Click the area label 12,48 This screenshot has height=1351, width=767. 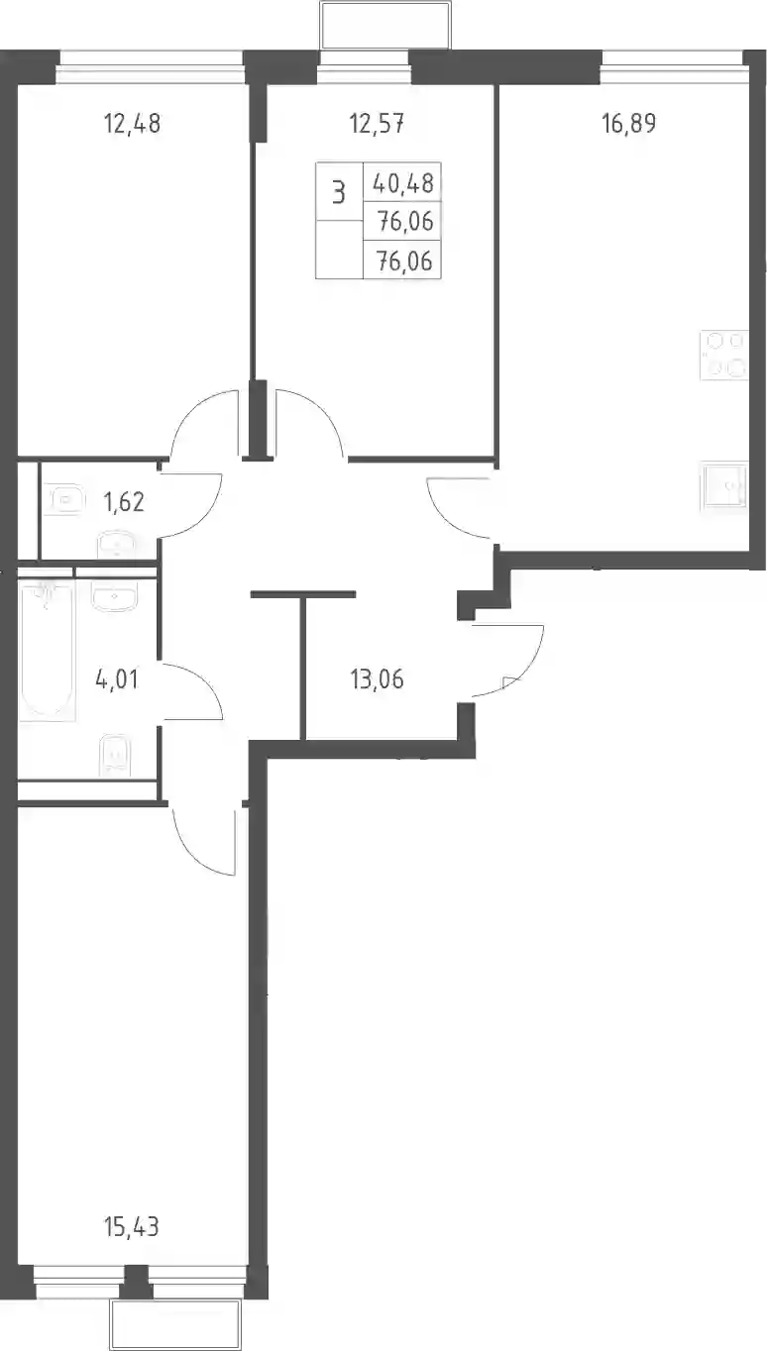[x=132, y=124]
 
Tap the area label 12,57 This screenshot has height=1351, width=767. [x=377, y=124]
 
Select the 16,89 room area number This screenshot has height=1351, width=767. [x=629, y=123]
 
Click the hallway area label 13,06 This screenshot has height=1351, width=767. [x=377, y=679]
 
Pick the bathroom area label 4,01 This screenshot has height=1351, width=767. [x=117, y=679]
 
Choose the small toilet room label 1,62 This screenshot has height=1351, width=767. [x=124, y=502]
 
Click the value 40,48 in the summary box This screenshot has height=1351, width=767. [x=403, y=183]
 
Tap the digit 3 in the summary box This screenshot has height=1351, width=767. [x=339, y=193]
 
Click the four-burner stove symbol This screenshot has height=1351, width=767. [x=724, y=356]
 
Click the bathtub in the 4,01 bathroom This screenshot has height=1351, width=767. [x=49, y=650]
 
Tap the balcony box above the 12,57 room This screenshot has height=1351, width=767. [x=385, y=25]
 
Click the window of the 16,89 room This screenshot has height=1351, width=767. [x=672, y=67]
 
